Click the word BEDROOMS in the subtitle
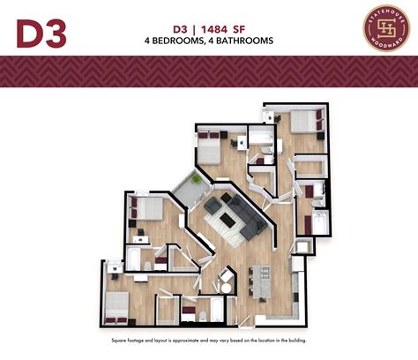coord(181,41)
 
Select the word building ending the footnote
coord(295,340)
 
